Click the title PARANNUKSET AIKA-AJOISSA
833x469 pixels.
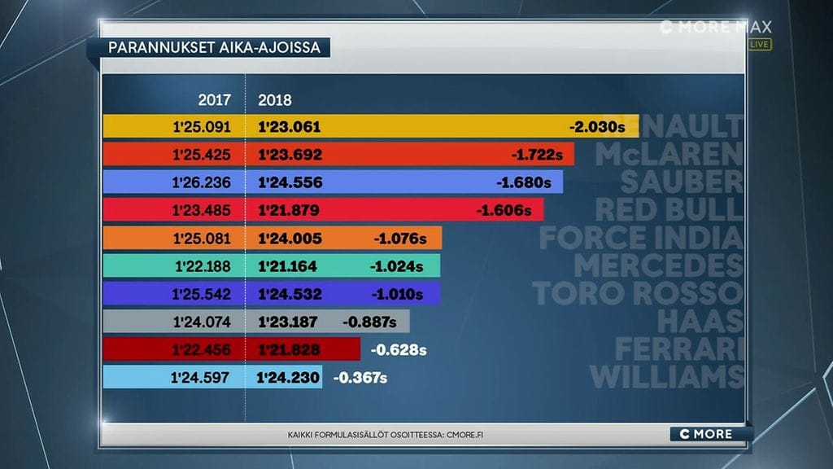coord(215,47)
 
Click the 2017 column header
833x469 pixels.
coord(215,101)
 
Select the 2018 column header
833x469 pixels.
coord(275,101)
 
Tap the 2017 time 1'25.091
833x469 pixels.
coord(203,127)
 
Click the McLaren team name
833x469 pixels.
coord(669,155)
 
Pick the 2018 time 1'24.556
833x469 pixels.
coord(290,182)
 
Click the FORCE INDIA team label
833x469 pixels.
coord(641,239)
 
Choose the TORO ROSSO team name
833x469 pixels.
coord(638,294)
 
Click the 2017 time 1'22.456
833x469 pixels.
coord(203,349)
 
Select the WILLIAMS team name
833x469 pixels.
coord(667,377)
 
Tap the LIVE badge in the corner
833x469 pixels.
coord(760,44)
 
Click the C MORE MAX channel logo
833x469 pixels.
coord(716,28)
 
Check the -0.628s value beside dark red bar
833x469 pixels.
coord(399,350)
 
